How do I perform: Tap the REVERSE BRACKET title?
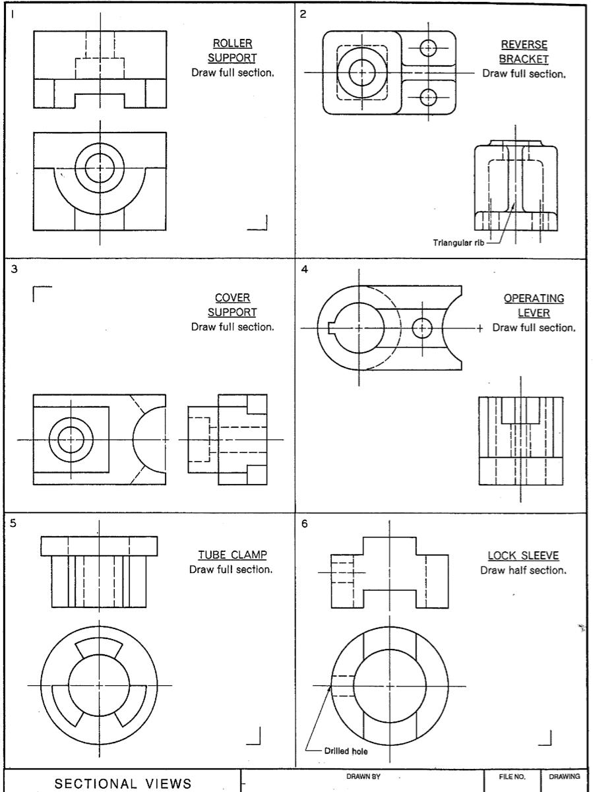pyautogui.click(x=524, y=51)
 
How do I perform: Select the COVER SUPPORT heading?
pyautogui.click(x=232, y=305)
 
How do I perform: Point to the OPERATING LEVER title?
pyautogui.click(x=534, y=305)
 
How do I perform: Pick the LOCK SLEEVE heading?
pyautogui.click(x=524, y=555)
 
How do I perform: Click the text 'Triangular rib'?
pyautogui.click(x=458, y=242)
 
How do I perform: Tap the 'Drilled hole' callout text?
pyautogui.click(x=347, y=750)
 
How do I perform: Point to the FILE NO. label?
pyautogui.click(x=513, y=776)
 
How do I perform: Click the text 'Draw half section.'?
pyautogui.click(x=523, y=570)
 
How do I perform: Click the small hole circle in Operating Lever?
pyautogui.click(x=421, y=328)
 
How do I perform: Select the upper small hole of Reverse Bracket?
pyautogui.click(x=428, y=47)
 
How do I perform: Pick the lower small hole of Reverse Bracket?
pyautogui.click(x=428, y=97)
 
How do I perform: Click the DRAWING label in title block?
pyautogui.click(x=565, y=776)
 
